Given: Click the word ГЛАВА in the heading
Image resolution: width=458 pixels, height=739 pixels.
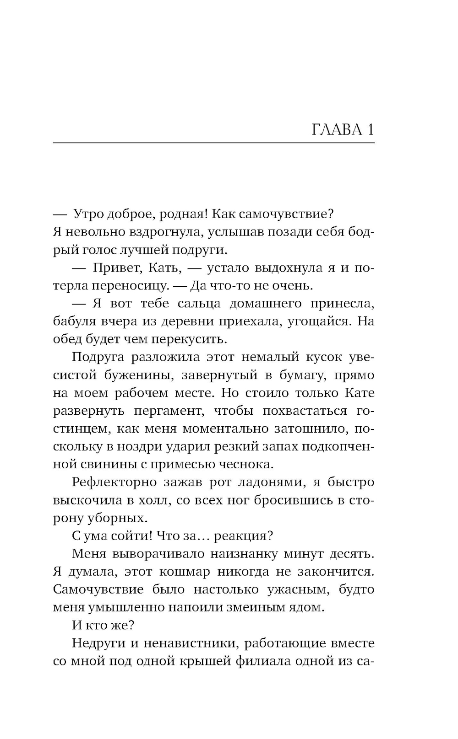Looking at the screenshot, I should pos(337,130).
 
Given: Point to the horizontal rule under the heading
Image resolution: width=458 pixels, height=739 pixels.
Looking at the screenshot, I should pos(213,143).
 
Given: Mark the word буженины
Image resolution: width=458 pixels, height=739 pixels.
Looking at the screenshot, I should pos(137,375).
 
